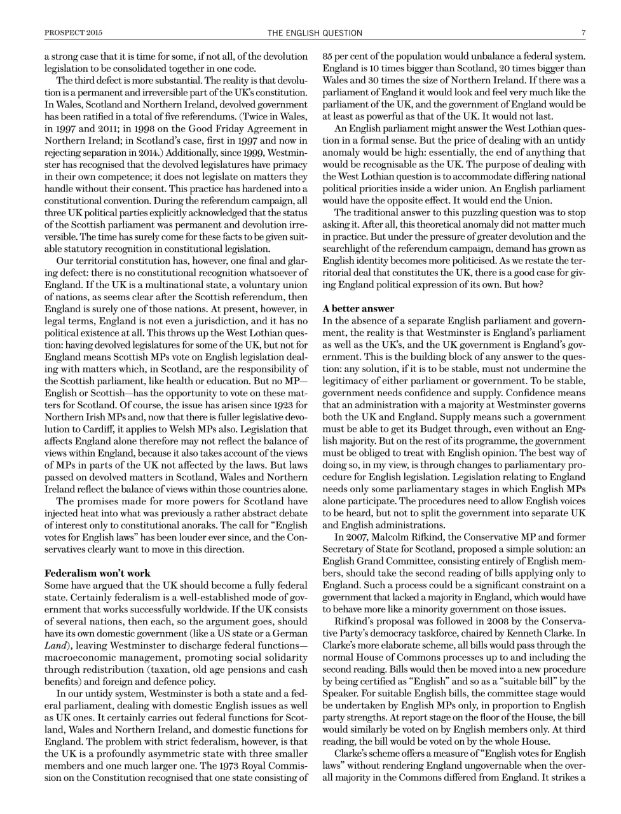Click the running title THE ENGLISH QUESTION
315,33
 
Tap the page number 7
582,33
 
